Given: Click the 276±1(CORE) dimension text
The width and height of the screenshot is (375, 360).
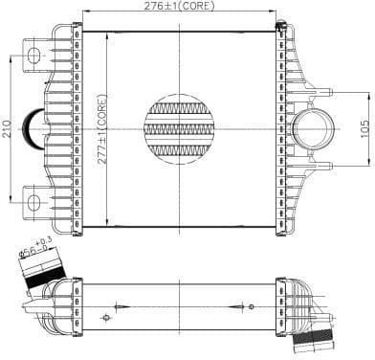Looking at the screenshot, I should click(182, 8).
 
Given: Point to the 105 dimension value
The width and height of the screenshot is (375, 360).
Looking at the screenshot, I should click(364, 128).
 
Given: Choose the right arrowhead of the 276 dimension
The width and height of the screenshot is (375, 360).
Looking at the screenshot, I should click(277, 16).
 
